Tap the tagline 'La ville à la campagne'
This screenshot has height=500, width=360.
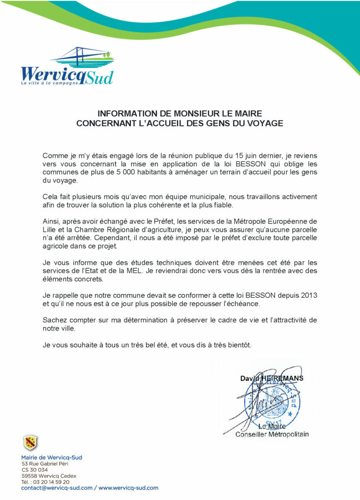click(50, 83)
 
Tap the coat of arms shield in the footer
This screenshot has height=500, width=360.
click(31, 443)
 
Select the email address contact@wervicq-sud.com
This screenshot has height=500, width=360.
click(57, 488)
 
